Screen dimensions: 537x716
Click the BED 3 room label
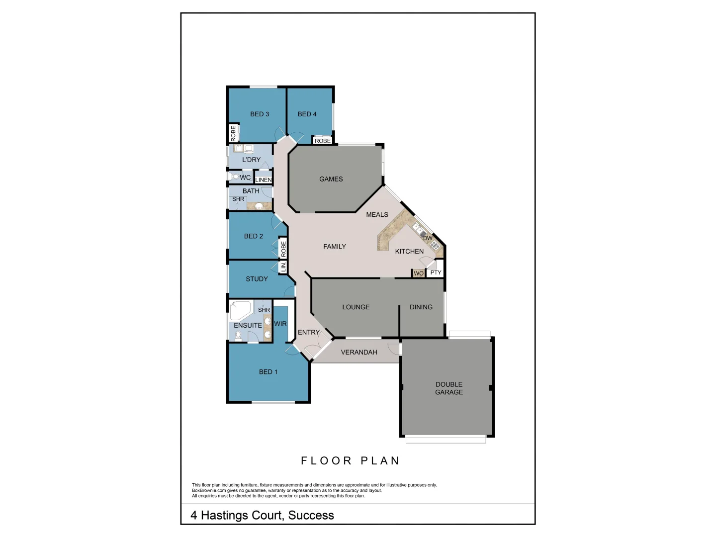[260, 114]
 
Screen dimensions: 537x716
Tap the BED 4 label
[307, 114]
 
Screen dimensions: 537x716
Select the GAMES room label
[331, 179]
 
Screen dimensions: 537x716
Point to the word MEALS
[377, 215]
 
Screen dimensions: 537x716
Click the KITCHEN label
[409, 252]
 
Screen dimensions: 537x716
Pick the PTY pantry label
[436, 273]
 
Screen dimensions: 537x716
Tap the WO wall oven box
[419, 273]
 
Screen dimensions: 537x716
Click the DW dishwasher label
[428, 238]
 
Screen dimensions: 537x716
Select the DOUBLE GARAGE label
[449, 388]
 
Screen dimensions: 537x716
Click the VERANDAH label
[359, 353]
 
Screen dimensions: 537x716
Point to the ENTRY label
[309, 333]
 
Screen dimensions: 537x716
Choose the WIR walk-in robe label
[280, 324]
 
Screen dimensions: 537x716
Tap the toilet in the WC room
[235, 177]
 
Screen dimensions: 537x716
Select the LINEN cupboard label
[264, 180]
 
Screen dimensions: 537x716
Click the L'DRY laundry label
[251, 160]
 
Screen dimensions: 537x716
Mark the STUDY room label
[257, 279]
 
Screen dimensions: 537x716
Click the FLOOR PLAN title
[350, 461]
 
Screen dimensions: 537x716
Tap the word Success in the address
[311, 516]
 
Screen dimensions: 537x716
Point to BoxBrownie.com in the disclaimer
[209, 491]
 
